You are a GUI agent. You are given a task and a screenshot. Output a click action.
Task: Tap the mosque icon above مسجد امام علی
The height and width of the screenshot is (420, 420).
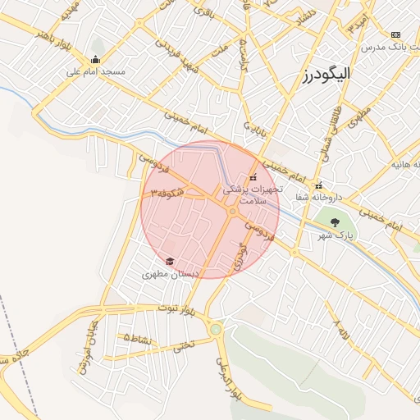pyautogui.click(x=96, y=59)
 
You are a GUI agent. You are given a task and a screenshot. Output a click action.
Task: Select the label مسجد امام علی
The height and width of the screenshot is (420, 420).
pyautogui.click(x=96, y=72)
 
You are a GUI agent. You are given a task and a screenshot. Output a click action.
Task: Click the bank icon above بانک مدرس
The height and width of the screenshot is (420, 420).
pyautogui.click(x=396, y=34)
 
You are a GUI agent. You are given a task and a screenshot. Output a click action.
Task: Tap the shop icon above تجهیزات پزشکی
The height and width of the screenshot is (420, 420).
pyautogui.click(x=252, y=176)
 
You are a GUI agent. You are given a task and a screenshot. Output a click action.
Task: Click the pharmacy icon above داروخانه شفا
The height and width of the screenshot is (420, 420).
pyautogui.click(x=318, y=185)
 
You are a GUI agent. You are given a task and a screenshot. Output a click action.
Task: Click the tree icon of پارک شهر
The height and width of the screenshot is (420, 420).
pyautogui.click(x=334, y=221)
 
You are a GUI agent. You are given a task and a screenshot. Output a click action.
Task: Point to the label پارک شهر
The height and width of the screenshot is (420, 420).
pyautogui.click(x=335, y=235)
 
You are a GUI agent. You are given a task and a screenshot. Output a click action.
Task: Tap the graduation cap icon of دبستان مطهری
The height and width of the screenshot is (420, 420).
pyautogui.click(x=170, y=262)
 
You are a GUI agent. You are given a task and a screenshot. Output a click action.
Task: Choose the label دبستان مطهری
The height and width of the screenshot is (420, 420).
pyautogui.click(x=167, y=275)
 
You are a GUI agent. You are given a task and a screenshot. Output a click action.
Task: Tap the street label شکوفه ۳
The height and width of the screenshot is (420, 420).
pyautogui.click(x=168, y=193)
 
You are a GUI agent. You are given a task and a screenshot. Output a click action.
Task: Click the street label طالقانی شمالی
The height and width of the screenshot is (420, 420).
pyautogui.click(x=342, y=115)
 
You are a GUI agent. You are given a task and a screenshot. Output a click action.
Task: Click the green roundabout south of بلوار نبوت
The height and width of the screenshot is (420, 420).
pyautogui.click(x=216, y=330)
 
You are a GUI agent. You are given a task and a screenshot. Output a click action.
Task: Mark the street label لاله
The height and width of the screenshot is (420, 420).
pyautogui.click(x=342, y=331)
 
